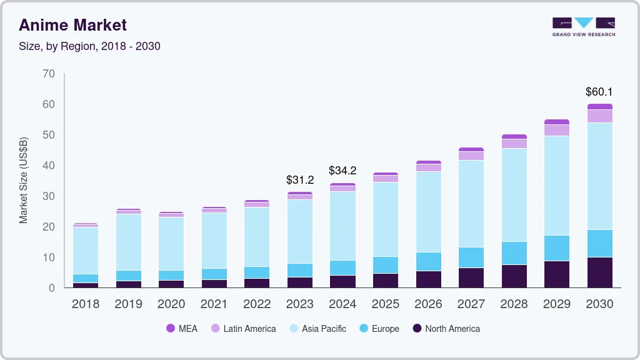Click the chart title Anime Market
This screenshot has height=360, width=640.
(x=72, y=25)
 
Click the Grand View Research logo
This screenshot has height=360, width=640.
(x=583, y=27)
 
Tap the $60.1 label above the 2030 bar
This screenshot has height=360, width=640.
(x=599, y=92)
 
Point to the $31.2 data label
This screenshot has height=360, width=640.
(x=299, y=180)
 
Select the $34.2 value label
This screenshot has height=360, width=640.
(x=342, y=170)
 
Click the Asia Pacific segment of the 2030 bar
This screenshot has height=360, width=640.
(x=599, y=176)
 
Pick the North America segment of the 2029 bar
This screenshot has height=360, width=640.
(x=556, y=274)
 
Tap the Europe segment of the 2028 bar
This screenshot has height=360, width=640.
(x=514, y=253)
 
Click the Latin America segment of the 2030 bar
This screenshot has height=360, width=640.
(x=599, y=116)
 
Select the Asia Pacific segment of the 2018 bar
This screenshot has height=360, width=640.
(x=86, y=251)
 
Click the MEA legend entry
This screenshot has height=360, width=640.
(x=182, y=329)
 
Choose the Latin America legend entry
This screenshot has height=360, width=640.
(x=242, y=329)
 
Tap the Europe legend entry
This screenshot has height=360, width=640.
(x=378, y=329)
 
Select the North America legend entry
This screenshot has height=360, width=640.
(x=446, y=329)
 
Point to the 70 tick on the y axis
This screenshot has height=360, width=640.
(x=49, y=74)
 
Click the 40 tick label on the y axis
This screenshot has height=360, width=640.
(x=49, y=166)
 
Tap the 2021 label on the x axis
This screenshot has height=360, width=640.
(x=214, y=304)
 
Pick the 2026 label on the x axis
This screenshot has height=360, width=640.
(x=428, y=304)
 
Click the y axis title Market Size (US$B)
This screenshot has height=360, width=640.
(x=24, y=180)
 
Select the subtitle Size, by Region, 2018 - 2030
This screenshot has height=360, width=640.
(x=89, y=46)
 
